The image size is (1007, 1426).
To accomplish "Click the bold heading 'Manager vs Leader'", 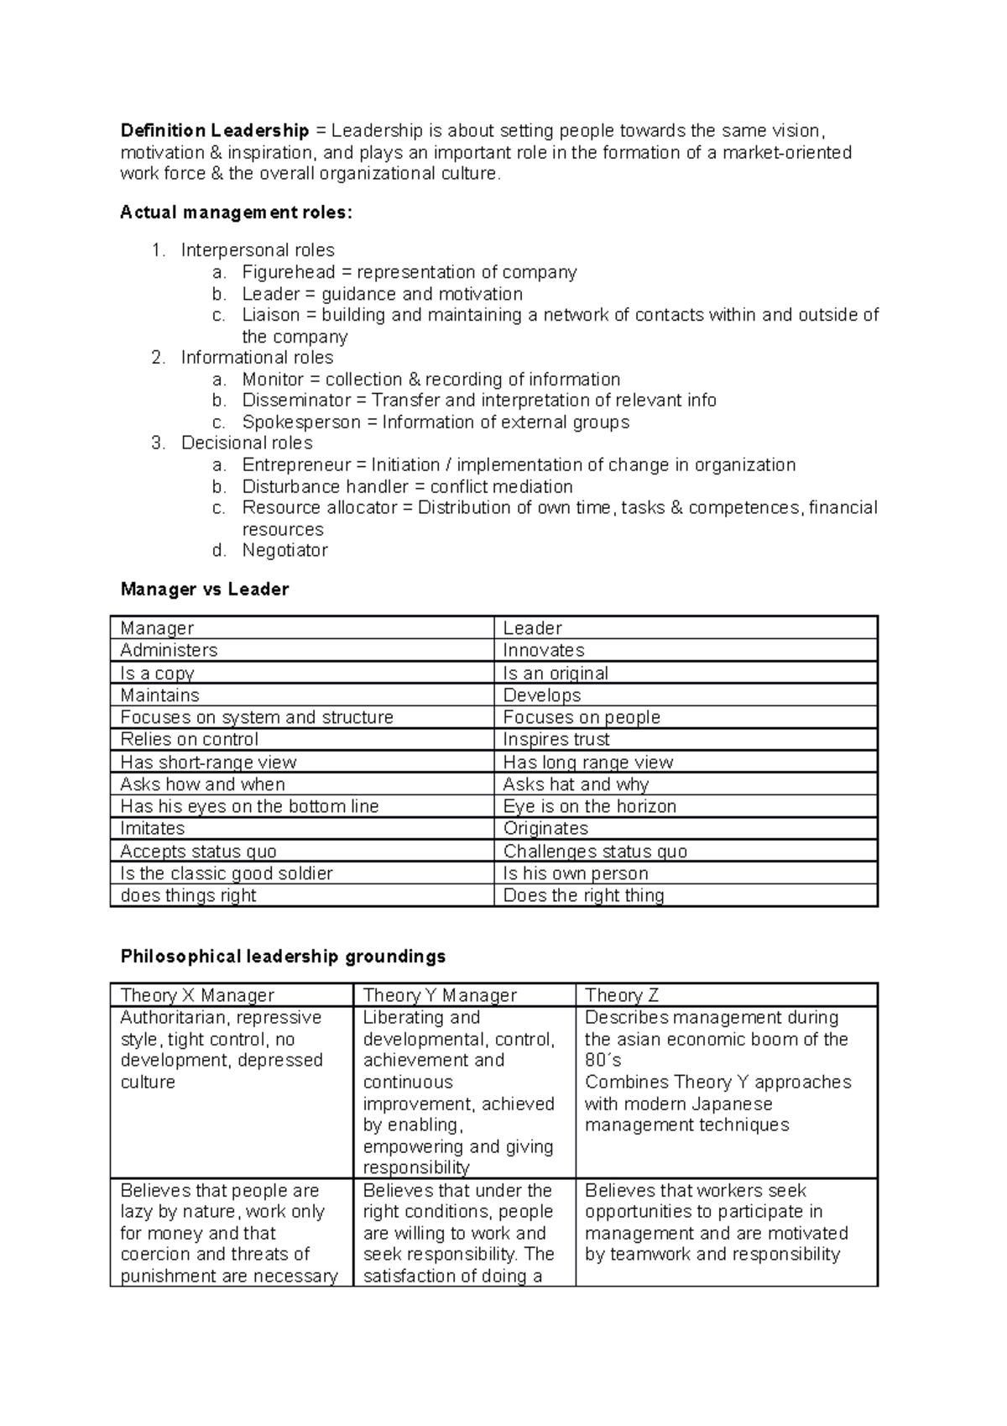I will tap(204, 590).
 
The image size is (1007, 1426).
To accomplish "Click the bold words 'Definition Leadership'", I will tap(215, 131).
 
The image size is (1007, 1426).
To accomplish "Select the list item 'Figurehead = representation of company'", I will tap(409, 272).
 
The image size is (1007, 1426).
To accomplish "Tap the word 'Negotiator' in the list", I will tap(284, 551).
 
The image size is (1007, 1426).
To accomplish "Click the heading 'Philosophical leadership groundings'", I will tap(283, 957).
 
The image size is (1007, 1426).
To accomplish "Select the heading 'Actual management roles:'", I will tap(237, 212).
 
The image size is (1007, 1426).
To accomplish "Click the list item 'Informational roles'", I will tap(257, 358).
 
